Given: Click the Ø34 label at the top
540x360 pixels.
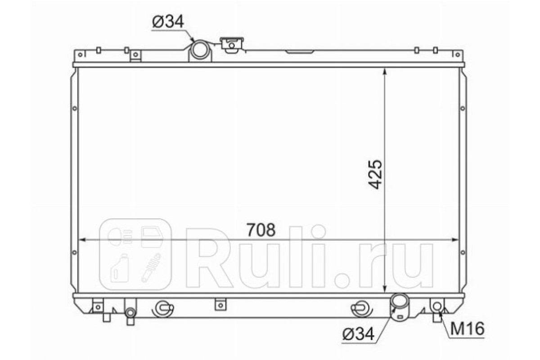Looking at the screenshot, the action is [x=168, y=22].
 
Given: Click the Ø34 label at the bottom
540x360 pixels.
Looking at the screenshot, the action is [x=359, y=334].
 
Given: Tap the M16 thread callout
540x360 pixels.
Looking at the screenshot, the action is [x=467, y=328].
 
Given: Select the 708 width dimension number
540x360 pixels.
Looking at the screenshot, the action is [x=261, y=230].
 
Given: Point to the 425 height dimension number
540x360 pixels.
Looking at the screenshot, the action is [x=375, y=174].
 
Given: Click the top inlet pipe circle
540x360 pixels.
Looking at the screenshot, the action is [x=200, y=49].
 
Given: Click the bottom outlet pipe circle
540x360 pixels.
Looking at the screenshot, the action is [x=399, y=301].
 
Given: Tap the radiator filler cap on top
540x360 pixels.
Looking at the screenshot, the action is [x=231, y=45].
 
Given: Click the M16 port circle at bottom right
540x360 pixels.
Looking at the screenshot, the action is [x=437, y=306].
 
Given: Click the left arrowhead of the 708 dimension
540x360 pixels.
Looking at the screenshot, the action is [x=82, y=240].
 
